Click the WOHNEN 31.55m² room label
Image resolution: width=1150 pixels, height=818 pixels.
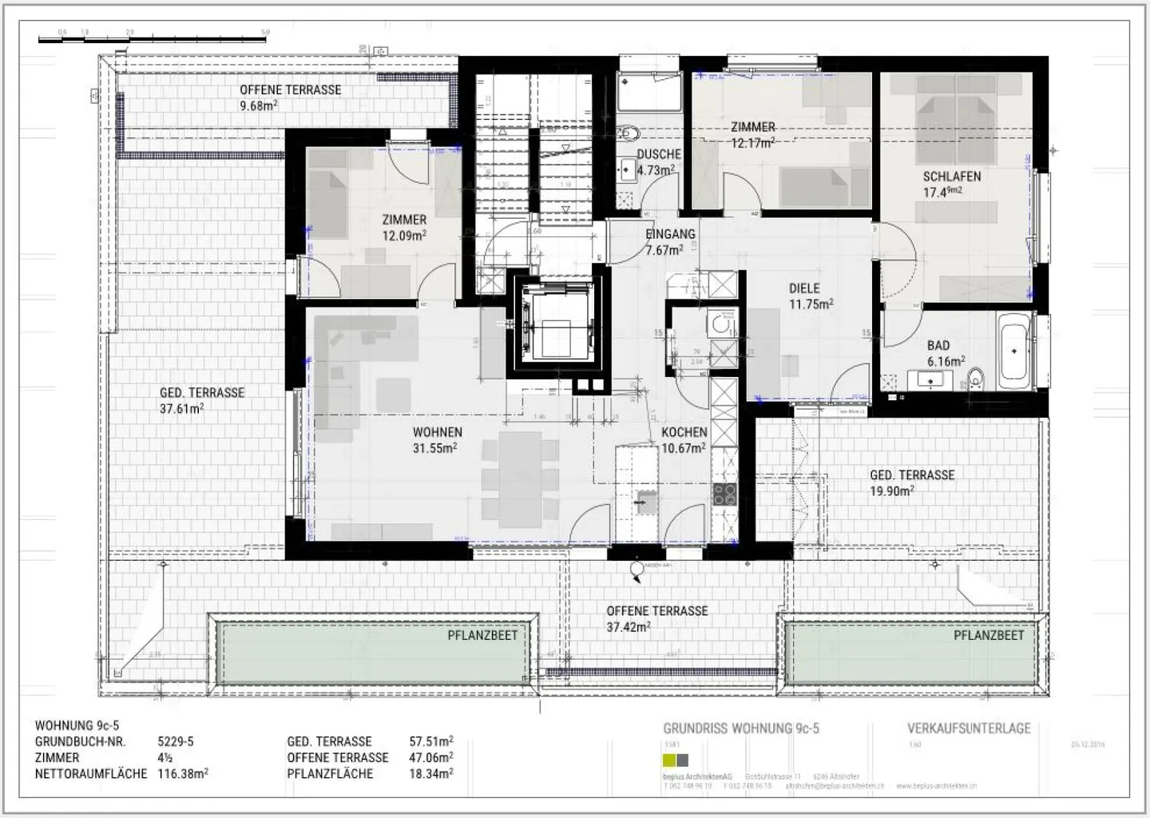(437, 440)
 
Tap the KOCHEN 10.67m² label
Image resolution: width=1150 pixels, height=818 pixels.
(684, 440)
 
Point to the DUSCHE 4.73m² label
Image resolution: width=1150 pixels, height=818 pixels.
(658, 161)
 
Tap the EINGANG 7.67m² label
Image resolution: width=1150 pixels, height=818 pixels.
(669, 241)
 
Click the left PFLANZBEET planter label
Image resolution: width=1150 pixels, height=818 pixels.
(482, 636)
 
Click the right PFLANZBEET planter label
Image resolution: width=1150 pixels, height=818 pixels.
(988, 636)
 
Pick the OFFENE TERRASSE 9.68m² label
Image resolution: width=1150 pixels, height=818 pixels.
(290, 97)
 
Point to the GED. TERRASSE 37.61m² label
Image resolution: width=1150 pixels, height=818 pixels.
(201, 400)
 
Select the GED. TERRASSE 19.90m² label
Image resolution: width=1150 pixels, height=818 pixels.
(912, 482)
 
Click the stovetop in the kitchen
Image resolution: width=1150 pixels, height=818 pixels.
(724, 494)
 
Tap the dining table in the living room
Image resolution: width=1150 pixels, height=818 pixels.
(520, 479)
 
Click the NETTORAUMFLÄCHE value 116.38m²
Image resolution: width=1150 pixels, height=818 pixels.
(183, 773)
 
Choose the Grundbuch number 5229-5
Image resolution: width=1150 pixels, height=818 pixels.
(176, 741)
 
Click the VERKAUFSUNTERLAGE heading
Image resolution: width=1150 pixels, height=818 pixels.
(969, 729)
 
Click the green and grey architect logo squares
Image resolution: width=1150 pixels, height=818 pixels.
(676, 760)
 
